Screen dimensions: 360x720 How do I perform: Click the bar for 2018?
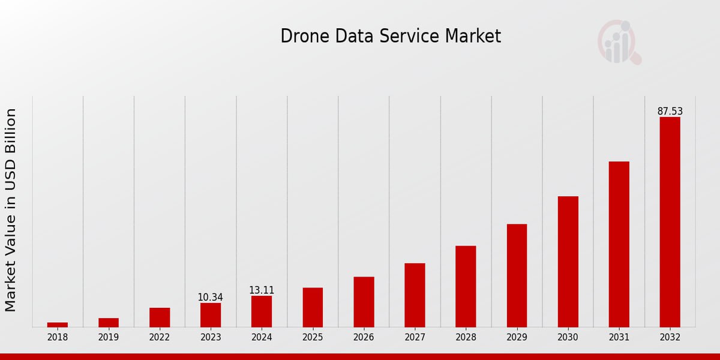click(x=58, y=325)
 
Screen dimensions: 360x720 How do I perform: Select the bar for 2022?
click(x=160, y=317)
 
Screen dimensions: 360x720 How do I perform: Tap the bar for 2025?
click(x=313, y=307)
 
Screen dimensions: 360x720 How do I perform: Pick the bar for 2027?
click(x=415, y=295)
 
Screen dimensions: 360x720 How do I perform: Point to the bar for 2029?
click(x=517, y=275)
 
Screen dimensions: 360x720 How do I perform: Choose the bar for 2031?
click(x=619, y=244)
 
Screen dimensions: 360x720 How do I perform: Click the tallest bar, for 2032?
click(x=670, y=222)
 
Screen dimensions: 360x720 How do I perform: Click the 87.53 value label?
click(x=670, y=111)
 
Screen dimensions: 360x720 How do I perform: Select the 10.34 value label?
click(x=211, y=297)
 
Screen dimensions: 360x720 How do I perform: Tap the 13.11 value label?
click(x=262, y=290)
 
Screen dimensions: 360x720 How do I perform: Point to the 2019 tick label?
click(x=109, y=337)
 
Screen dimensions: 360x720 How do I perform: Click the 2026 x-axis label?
click(x=364, y=337)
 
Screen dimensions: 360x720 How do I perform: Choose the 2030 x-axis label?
click(x=568, y=337)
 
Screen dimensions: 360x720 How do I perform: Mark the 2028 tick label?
click(x=466, y=337)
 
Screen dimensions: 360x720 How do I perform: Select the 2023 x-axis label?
click(x=211, y=337)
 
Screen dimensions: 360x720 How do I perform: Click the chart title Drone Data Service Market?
click(x=391, y=36)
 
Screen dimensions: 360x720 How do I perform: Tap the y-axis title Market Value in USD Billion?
click(x=11, y=210)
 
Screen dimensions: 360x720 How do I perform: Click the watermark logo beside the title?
click(x=619, y=42)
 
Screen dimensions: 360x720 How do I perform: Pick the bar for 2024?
click(x=262, y=311)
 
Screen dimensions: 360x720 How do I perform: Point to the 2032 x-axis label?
click(x=670, y=337)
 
